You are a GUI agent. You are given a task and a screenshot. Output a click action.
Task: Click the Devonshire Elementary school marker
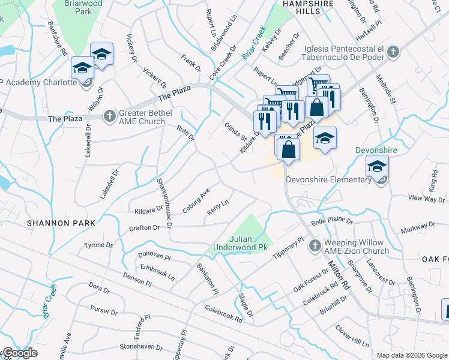pyautogui.click(x=377, y=167)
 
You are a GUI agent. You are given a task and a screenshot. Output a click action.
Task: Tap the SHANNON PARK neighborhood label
pyautogui.click(x=61, y=223)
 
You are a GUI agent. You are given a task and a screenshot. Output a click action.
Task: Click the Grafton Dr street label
pyautogui.click(x=144, y=228)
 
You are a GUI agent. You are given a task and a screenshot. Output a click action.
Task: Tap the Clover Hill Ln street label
pyautogui.click(x=352, y=337)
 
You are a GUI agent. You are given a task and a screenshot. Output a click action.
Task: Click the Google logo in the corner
pyautogui.click(x=19, y=353)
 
